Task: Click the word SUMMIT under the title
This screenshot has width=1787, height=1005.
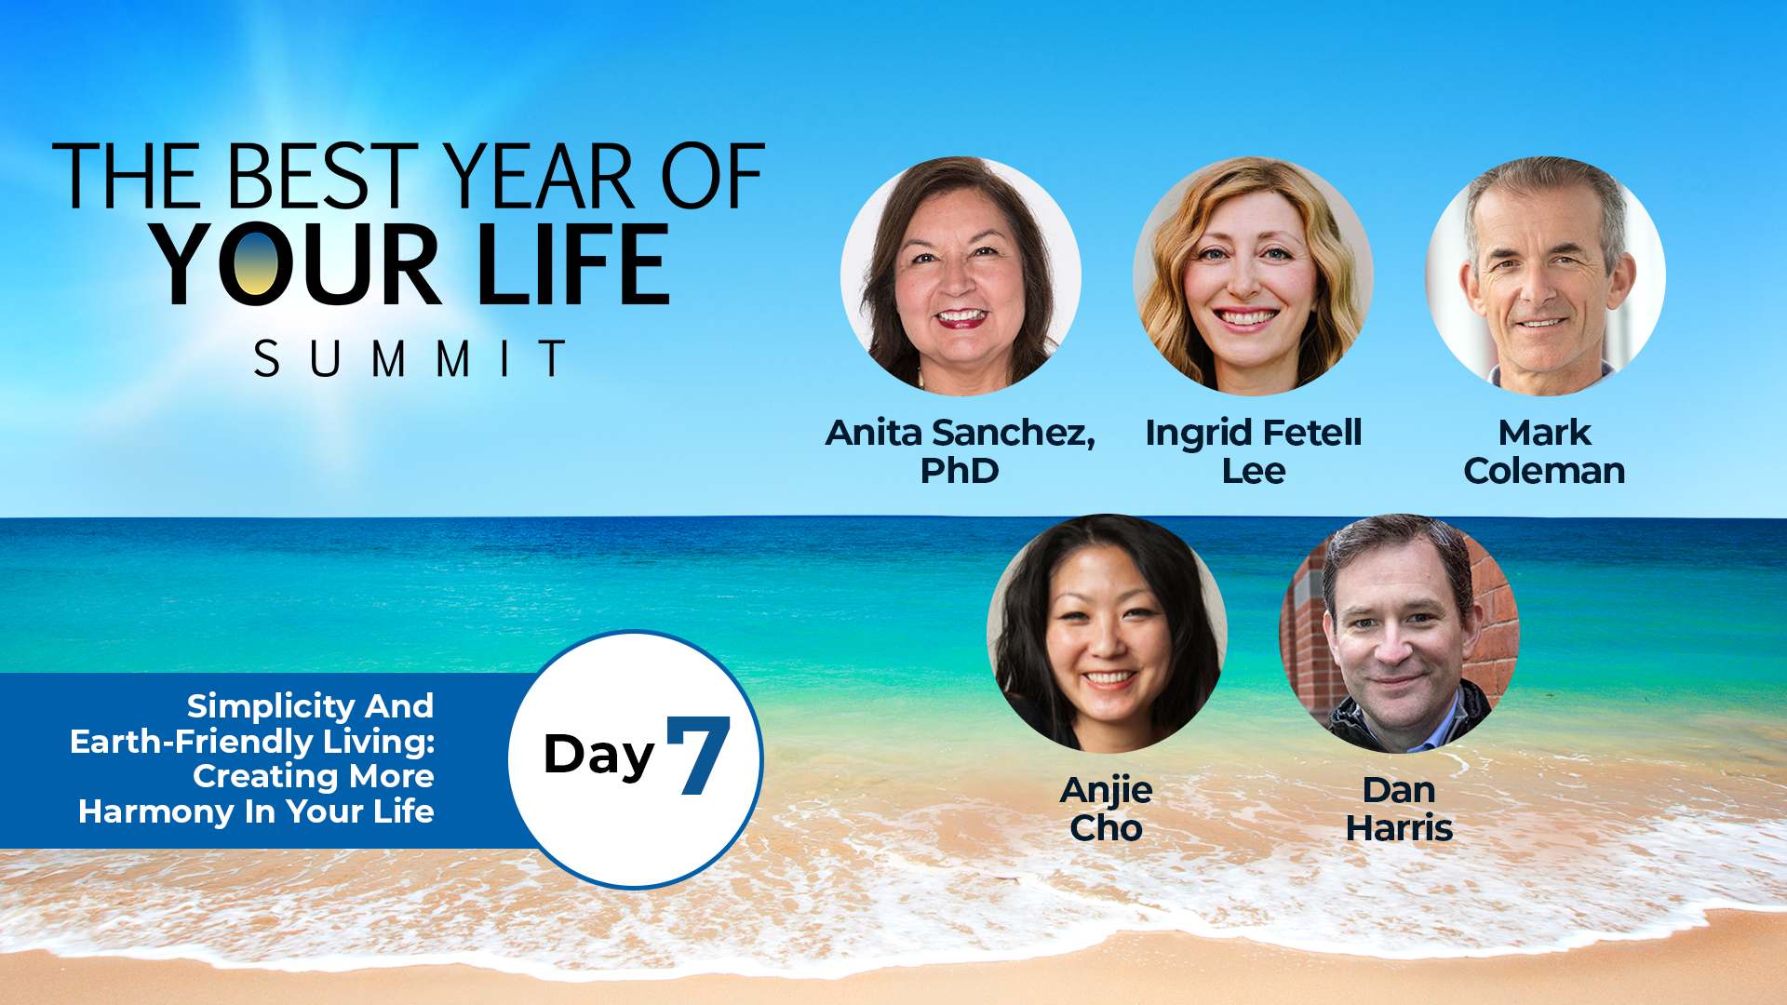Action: click(410, 358)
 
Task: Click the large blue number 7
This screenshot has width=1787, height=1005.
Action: click(699, 755)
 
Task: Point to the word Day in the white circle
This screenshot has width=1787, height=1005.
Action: click(599, 757)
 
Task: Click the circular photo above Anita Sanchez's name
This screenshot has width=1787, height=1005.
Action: click(961, 275)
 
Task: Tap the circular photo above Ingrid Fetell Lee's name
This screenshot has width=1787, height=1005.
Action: click(1253, 275)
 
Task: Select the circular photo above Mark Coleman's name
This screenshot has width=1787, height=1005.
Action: click(1545, 275)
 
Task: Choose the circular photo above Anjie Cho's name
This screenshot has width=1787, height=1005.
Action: click(1107, 633)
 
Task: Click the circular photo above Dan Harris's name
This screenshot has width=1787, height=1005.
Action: click(1400, 633)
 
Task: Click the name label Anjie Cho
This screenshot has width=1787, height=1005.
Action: click(1107, 809)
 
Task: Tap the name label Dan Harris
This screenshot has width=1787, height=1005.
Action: click(1400, 809)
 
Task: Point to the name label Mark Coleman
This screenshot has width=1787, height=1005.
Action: click(1545, 451)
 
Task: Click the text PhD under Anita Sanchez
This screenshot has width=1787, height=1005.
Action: click(960, 471)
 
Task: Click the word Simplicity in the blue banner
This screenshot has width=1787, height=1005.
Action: click(275, 707)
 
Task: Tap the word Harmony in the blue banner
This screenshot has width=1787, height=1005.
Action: click(156, 811)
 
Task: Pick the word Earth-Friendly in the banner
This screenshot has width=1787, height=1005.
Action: click(192, 742)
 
